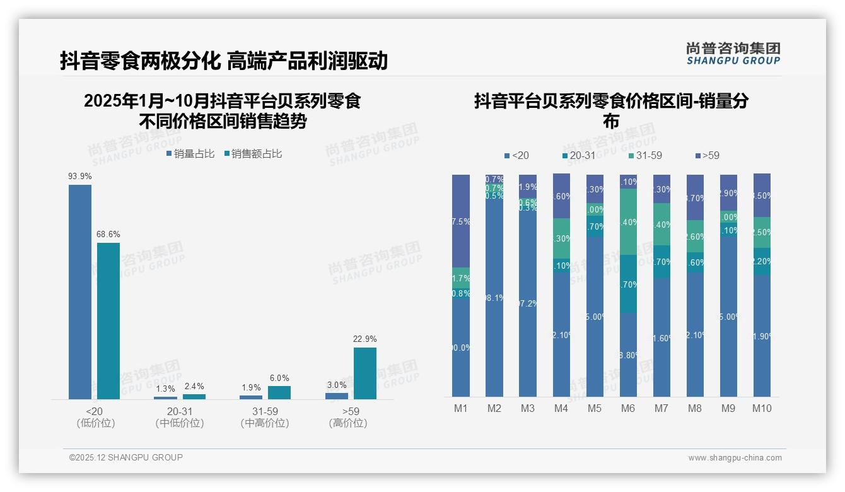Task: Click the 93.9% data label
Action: pos(80,177)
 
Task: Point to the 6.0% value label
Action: pos(279,378)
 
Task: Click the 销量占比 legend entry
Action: pos(190,154)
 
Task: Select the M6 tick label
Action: pos(627,408)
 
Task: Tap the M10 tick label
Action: pos(762,408)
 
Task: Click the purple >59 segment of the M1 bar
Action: pos(461,221)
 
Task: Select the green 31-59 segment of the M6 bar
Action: pos(628,221)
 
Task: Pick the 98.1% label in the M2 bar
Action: pos(494,298)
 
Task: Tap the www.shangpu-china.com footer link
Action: pos(735,458)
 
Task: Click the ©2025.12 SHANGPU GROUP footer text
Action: pos(126,457)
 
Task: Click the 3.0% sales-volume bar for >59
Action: pos(337,395)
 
